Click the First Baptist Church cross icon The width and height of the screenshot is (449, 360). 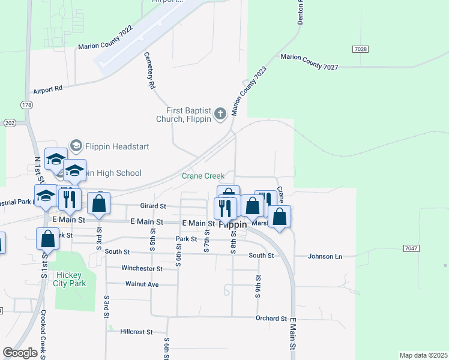(220, 113)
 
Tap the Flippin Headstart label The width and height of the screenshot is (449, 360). (117, 146)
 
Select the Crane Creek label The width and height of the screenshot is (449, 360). (203, 176)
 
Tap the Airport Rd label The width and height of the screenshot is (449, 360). (48, 89)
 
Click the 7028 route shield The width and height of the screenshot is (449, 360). (361, 49)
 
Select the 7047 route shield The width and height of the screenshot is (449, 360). (411, 248)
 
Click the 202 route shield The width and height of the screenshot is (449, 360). (9, 122)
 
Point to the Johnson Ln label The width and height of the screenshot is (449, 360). (325, 256)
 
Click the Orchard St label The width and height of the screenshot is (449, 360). (271, 318)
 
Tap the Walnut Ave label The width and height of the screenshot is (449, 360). (142, 284)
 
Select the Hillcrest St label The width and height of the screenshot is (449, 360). (136, 331)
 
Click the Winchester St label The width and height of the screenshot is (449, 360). (142, 268)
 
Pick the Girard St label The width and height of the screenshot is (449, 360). (152, 206)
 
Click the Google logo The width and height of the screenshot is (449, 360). (20, 353)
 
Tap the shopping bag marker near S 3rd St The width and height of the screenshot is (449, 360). (99, 203)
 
